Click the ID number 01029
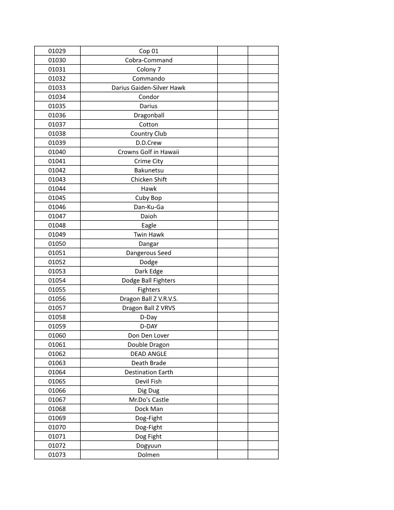point(57,51)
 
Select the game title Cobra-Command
point(149,60)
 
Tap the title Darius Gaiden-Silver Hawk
point(149,88)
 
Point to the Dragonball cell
point(149,115)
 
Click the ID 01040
point(57,152)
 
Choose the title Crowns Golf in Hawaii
point(149,152)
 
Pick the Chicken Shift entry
point(149,180)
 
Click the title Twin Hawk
point(149,235)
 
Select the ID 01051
point(57,253)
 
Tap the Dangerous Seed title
point(149,253)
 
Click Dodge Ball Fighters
point(149,281)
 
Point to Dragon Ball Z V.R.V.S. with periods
point(149,299)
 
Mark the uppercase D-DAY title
point(149,326)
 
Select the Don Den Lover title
point(149,336)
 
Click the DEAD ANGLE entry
point(149,354)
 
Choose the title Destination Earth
point(149,372)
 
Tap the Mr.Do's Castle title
point(149,400)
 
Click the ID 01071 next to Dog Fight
point(57,437)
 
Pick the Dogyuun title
point(149,446)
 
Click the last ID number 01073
point(57,455)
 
